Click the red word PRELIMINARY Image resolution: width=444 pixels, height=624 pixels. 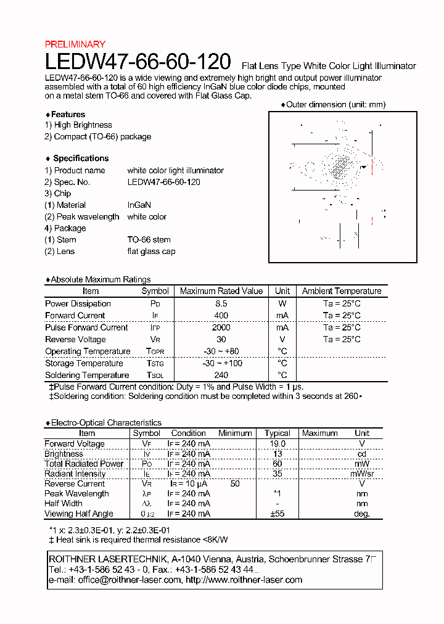75,44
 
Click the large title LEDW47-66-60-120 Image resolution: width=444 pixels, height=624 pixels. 138,61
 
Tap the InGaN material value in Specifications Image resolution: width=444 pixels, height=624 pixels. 139,205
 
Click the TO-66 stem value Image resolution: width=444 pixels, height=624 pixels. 149,240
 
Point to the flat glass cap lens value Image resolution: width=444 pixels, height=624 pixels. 151,252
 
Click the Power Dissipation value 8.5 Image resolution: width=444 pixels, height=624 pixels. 221,303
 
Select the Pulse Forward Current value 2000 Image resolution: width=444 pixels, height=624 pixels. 221,327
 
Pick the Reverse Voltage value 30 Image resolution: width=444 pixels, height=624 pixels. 221,340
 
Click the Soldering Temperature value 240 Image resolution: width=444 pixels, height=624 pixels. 221,376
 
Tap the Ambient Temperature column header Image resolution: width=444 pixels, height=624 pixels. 342,291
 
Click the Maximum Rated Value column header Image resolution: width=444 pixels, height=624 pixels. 221,291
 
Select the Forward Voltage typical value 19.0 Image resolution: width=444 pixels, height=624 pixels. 277,444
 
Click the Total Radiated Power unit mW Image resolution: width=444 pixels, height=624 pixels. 362,464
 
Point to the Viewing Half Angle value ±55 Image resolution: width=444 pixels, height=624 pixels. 277,514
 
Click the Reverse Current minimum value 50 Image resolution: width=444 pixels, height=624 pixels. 235,484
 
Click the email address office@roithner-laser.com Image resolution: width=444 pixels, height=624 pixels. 129,580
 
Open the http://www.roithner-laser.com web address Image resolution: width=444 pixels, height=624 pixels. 244,580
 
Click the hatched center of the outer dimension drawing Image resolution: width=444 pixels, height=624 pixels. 339,165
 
